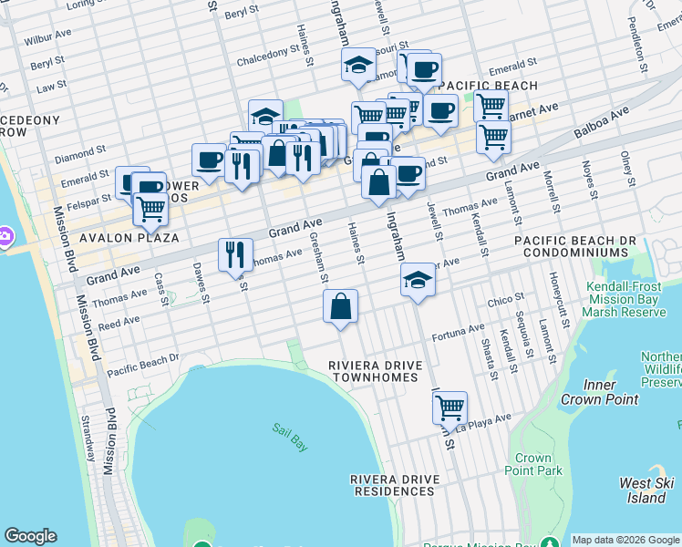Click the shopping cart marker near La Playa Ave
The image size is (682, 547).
click(x=450, y=408)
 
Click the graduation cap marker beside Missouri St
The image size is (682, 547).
click(x=358, y=65)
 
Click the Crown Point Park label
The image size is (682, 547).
click(x=532, y=464)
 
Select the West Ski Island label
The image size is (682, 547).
click(x=646, y=490)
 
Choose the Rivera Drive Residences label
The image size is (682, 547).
click(x=394, y=484)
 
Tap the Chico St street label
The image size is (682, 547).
click(x=505, y=298)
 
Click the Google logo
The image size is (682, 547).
click(x=30, y=536)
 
